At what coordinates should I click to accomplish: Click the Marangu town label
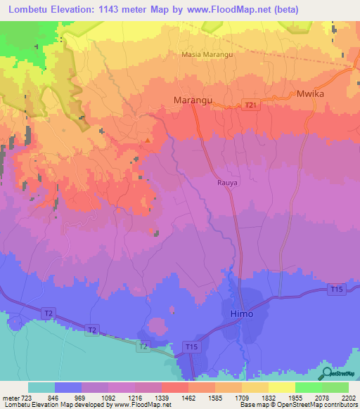pos(193,101)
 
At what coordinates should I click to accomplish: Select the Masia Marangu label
pos(207,54)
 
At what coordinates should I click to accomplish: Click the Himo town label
pos(242,313)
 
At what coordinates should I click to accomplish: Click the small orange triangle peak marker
pos(147,140)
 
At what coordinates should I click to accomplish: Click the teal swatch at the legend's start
pos(41,387)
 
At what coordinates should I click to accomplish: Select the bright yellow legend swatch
pos(281,387)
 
